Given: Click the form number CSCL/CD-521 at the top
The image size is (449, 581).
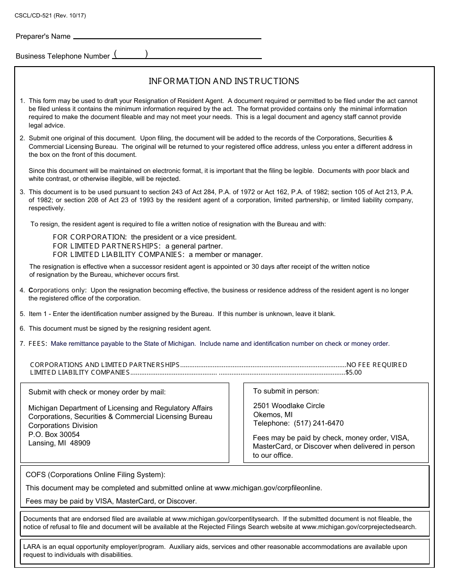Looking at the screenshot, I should click(34, 16).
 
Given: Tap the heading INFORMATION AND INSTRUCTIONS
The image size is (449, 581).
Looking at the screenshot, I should click(224, 81).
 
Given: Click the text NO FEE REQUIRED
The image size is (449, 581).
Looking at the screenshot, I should click(377, 365).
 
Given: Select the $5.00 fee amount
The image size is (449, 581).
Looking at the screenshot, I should click(354, 372).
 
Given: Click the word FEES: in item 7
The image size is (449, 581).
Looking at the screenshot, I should click(38, 343).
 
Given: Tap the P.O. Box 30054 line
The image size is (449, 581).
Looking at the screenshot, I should click(54, 434).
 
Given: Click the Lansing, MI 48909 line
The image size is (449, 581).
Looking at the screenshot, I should click(59, 443).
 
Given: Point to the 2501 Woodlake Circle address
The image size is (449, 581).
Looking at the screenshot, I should click(289, 406).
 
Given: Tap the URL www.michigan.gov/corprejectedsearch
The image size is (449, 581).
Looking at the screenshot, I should click(359, 527).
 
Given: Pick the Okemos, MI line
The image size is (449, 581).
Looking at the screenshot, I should click(273, 415).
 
